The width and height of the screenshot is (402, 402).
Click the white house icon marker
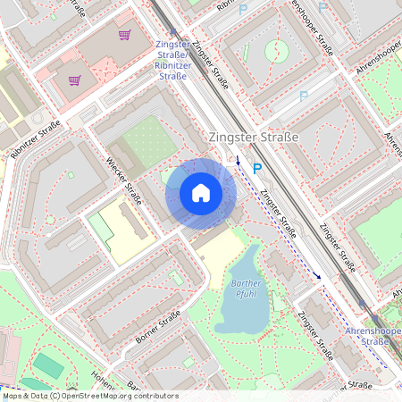click(201, 193)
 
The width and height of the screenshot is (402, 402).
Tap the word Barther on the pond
click(246, 283)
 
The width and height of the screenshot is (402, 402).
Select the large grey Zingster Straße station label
click(252, 138)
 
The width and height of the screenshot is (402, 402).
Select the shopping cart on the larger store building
click(124, 36)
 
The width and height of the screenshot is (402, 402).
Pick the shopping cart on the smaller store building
click(75, 80)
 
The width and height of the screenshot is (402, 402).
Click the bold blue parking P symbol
click(257, 167)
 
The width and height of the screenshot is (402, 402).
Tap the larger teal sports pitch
click(48, 365)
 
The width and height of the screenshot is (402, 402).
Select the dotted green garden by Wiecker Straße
click(146, 140)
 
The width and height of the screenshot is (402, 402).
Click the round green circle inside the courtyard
click(277, 51)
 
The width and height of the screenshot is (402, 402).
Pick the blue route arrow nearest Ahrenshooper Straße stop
click(319, 276)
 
